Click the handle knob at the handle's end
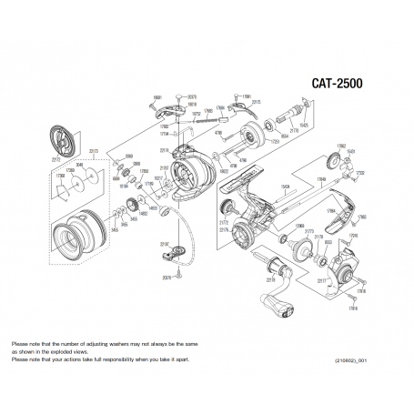coord(285,314)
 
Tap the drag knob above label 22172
coord(63,116)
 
